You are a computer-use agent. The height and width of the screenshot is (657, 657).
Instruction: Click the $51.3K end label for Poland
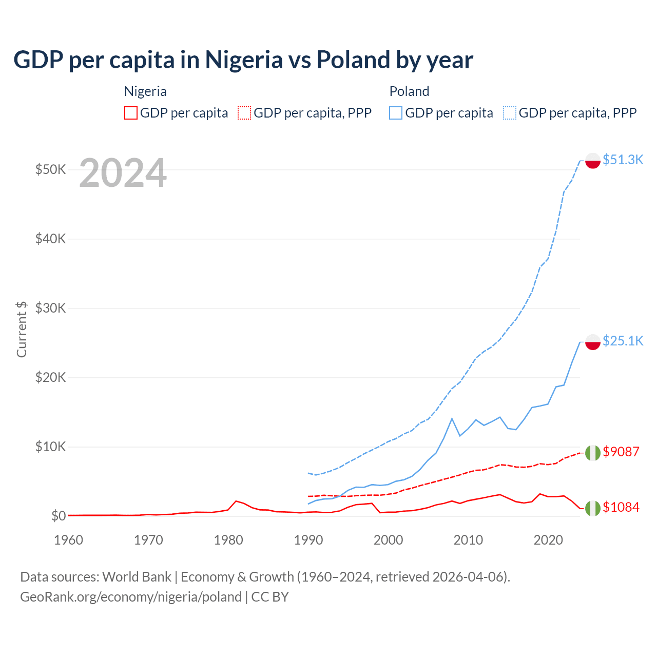point(623,160)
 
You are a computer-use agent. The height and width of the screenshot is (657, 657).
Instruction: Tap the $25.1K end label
point(623,341)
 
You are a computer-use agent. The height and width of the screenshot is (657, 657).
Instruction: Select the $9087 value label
point(621,452)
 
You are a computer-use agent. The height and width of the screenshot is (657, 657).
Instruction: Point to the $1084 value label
point(621,507)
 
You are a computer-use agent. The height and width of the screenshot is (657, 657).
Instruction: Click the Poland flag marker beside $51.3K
point(593,161)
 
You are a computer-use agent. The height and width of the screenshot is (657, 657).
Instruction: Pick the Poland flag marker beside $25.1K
point(593,342)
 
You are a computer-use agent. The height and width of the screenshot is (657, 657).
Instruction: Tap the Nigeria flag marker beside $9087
point(593,453)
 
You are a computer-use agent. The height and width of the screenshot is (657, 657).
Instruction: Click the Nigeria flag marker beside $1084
point(593,508)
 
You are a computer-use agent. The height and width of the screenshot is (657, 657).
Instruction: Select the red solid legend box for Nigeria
point(131,113)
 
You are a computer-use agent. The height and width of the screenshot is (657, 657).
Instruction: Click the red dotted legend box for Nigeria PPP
point(244,113)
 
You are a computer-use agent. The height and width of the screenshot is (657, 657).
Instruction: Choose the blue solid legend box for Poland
point(396,113)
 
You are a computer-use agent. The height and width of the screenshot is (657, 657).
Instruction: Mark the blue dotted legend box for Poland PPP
point(510,113)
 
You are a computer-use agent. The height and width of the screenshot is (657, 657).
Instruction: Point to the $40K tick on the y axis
point(50,239)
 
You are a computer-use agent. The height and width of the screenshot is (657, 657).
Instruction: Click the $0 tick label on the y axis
point(59,516)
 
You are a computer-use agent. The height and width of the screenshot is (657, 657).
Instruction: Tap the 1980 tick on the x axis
point(228,540)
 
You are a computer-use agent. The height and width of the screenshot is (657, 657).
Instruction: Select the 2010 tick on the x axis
point(468,540)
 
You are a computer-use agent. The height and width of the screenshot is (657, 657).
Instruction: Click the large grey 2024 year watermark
point(123,173)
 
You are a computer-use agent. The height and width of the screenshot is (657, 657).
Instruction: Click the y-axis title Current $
point(22,329)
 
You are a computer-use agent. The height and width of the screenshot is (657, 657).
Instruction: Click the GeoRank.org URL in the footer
point(131,597)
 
